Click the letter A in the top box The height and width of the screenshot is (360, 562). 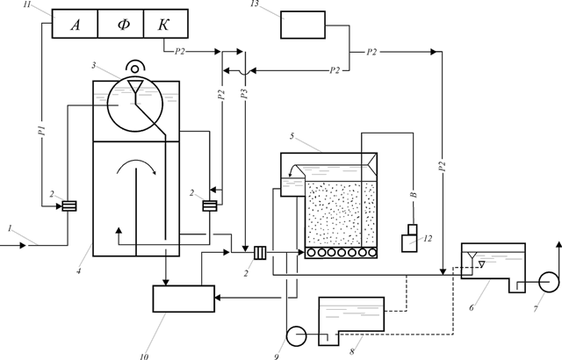coord(76,25)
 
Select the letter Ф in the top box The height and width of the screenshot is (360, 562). coord(124,25)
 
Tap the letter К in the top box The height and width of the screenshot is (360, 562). coord(163,25)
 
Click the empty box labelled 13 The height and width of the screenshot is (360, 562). coord(303,25)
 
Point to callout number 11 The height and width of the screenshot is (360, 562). coord(27,4)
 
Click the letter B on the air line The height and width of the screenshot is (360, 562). coord(414,195)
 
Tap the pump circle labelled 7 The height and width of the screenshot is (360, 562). coord(549,282)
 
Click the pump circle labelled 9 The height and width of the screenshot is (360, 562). coord(296,336)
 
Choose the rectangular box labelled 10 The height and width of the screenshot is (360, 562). coord(184,299)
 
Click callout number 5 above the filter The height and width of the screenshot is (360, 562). coord(292,136)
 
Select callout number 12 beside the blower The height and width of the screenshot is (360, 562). coord(428,238)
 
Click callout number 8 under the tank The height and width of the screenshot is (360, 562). coord(352,352)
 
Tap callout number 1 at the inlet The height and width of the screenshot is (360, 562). coord(11,228)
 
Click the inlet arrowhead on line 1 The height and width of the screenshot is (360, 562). coord(23,245)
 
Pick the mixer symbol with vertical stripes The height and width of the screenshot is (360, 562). coord(260,253)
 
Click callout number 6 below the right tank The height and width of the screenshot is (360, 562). coord(472,307)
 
